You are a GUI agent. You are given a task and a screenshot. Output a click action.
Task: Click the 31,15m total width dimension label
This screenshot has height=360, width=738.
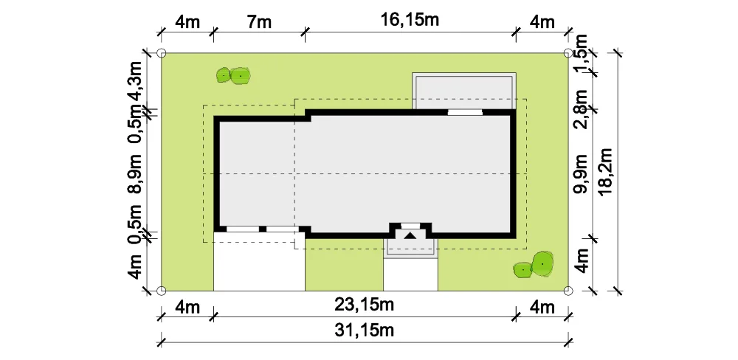[x=365, y=330]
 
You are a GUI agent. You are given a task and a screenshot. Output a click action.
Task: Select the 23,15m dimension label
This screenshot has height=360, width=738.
[x=365, y=305]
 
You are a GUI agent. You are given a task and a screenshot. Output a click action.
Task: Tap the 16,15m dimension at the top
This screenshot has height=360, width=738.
[x=410, y=20]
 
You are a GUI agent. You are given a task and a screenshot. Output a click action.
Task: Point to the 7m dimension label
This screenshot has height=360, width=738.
[x=258, y=21]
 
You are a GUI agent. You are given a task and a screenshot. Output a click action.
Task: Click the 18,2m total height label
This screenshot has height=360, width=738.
[x=606, y=171]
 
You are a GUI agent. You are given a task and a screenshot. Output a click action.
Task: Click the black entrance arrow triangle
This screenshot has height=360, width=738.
[x=410, y=236]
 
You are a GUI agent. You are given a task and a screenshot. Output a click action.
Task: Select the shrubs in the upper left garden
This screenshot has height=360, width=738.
[x=233, y=75]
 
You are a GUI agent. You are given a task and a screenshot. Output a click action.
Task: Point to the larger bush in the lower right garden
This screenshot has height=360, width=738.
[x=542, y=263]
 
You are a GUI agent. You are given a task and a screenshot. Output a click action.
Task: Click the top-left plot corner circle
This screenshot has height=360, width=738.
[x=161, y=52]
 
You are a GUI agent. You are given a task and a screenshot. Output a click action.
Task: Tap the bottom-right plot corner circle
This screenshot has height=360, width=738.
[x=568, y=291]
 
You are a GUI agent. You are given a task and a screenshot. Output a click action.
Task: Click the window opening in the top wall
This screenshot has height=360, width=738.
[x=465, y=112]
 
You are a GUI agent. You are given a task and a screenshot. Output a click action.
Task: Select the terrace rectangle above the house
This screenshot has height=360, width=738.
[x=464, y=91]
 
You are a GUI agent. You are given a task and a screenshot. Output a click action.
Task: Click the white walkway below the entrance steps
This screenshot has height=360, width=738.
[x=410, y=274]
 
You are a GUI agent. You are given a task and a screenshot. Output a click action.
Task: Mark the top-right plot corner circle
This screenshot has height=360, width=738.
[x=568, y=52]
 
